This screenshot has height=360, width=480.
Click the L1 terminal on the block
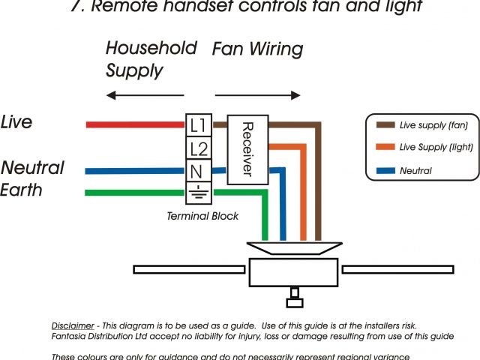[199, 124]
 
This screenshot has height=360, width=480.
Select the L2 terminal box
[199, 148]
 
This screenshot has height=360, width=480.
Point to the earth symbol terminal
[199, 193]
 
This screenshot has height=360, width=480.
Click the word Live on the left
[16, 122]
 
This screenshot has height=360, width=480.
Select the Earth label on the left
[21, 190]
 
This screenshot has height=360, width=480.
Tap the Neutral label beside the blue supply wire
[32, 167]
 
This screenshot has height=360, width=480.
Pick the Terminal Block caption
[202, 216]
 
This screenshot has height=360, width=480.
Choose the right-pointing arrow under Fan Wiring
[258, 96]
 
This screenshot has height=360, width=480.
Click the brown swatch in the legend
[385, 125]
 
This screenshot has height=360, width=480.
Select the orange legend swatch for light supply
[385, 148]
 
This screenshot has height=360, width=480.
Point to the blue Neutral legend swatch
[385, 171]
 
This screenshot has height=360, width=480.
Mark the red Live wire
[135, 124]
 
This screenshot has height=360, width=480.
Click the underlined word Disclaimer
[73, 326]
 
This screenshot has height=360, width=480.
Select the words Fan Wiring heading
[257, 49]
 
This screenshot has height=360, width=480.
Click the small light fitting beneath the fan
[294, 298]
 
